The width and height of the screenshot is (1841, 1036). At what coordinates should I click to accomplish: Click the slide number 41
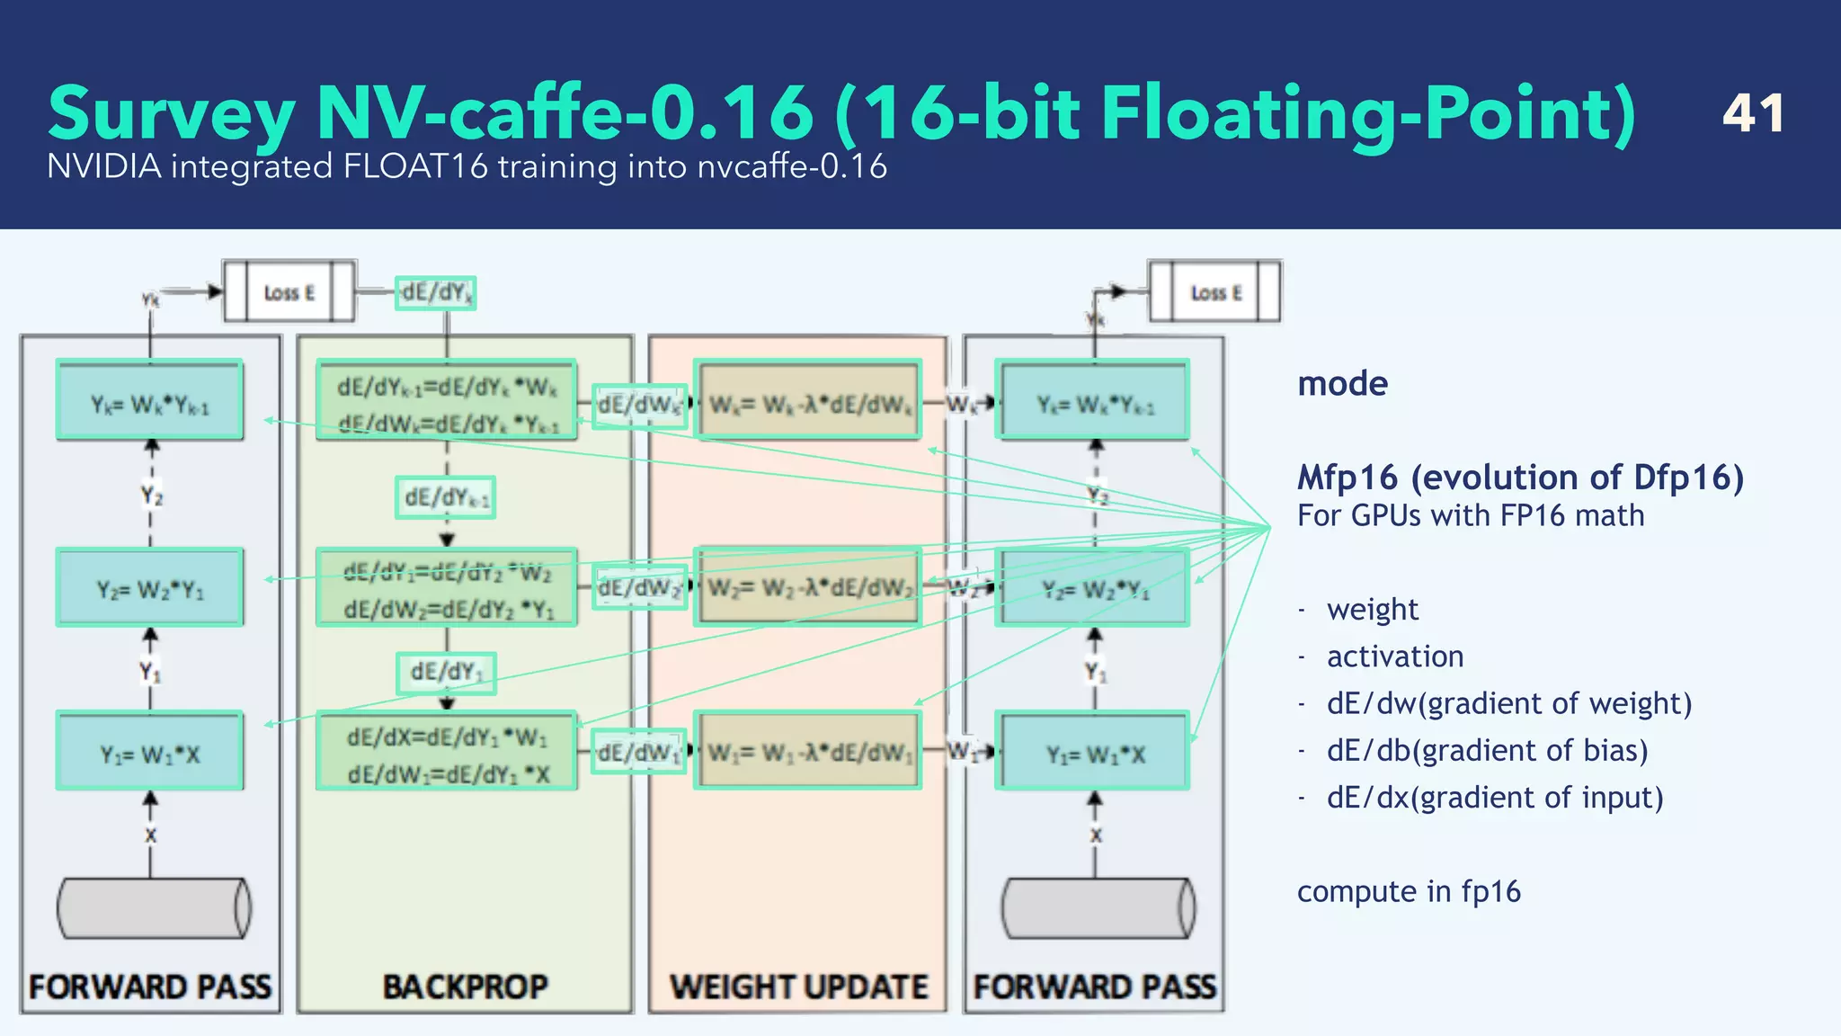(x=1753, y=113)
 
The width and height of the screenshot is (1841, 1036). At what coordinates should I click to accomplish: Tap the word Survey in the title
(x=171, y=115)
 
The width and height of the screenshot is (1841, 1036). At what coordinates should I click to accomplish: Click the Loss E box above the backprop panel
(x=289, y=292)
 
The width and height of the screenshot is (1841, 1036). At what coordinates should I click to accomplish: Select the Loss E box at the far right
(x=1215, y=292)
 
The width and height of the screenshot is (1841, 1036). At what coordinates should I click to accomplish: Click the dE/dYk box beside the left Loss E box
(x=436, y=293)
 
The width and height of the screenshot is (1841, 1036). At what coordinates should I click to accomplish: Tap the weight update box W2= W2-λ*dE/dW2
(x=808, y=587)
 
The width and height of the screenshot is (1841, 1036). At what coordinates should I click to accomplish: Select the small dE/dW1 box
(x=638, y=752)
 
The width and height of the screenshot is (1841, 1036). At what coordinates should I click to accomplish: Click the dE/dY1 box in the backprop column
(x=446, y=673)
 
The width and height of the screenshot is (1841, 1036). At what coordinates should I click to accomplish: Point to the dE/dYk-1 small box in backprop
(x=446, y=497)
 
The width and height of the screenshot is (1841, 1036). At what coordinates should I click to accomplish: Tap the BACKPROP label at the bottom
(x=465, y=987)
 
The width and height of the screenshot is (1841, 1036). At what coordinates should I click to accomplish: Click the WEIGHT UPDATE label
(x=798, y=987)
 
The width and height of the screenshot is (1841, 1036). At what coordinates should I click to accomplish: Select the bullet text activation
(x=1395, y=656)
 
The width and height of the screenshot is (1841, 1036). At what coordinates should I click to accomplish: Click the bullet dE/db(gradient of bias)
(x=1487, y=750)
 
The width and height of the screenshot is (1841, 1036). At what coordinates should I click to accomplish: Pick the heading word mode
(x=1342, y=384)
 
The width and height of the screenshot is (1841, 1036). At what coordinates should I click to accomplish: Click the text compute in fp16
(x=1409, y=891)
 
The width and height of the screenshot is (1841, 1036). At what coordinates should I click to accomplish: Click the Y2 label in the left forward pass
(x=151, y=496)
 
